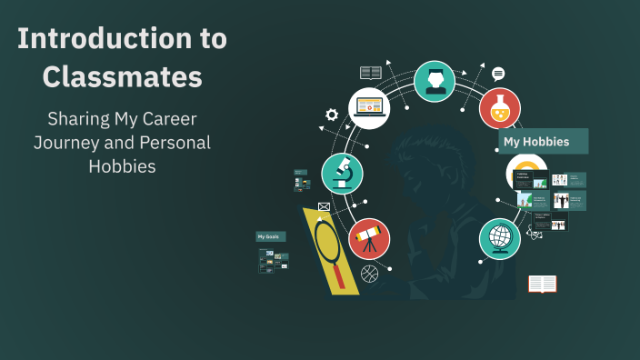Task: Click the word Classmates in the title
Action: pos(122,78)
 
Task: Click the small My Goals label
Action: pos(270,236)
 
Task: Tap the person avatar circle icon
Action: pos(435,81)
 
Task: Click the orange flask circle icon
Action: pos(499,107)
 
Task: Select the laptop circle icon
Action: pos(370,106)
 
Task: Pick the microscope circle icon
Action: pos(342,173)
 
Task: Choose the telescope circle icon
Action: pos(368,238)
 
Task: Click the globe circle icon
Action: pos(499,239)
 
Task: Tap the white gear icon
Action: pos(332,115)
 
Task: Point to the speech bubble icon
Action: pos(498,74)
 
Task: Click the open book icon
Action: pos(542,284)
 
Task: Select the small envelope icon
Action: pos(323,206)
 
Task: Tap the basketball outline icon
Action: pos(369,273)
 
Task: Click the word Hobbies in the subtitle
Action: pos(122,166)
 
